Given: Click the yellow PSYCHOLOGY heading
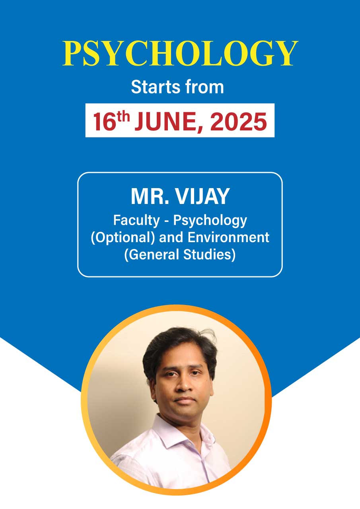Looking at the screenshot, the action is coord(180,54).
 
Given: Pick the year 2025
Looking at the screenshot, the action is coord(238,122).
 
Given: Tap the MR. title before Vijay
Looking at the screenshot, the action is coord(150,196).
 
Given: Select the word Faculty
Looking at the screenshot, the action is coord(136,221).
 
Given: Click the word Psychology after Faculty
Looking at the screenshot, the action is coord(210,221).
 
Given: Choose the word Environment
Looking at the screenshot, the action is coord(228,237).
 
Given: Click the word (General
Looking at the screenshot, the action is coord(152,255).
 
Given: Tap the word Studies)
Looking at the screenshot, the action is coord(209,255).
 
